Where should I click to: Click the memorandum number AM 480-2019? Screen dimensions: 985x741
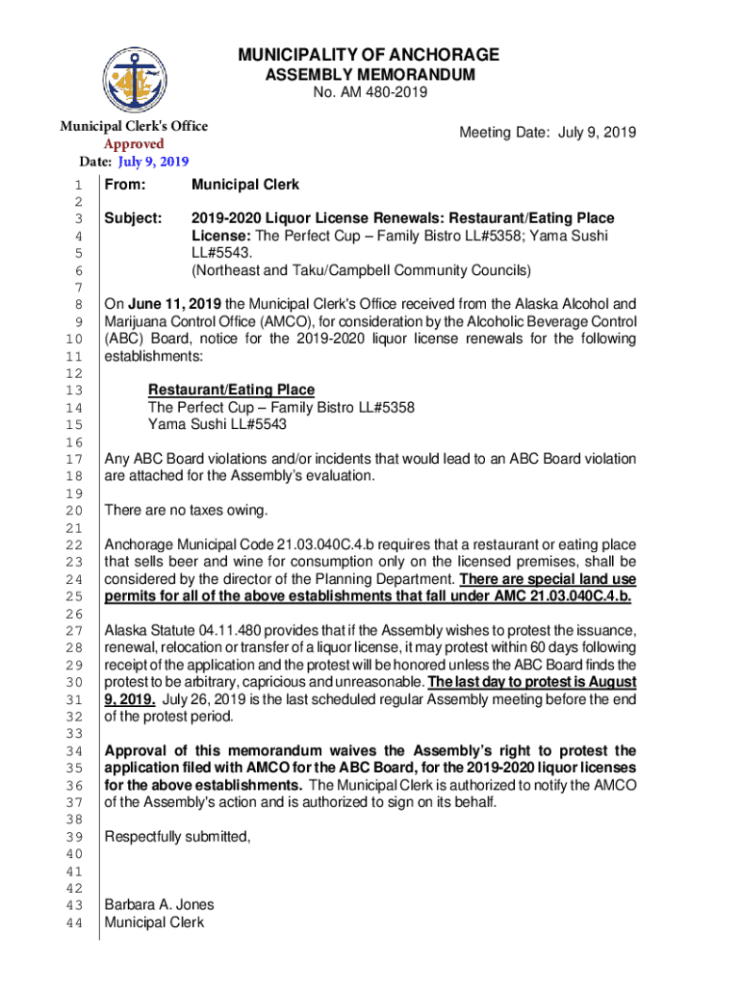(x=370, y=92)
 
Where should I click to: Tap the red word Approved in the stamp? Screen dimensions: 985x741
(x=134, y=143)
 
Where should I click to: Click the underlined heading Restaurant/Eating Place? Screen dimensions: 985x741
(x=231, y=390)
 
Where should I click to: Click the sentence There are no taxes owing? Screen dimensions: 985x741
(x=186, y=509)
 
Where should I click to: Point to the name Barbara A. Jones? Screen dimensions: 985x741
(x=159, y=904)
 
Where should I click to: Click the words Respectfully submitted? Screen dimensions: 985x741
(x=177, y=836)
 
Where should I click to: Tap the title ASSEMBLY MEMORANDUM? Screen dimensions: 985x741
(x=370, y=74)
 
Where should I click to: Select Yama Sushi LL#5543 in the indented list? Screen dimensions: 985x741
(x=217, y=424)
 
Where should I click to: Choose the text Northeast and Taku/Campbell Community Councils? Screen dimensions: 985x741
(x=361, y=270)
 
